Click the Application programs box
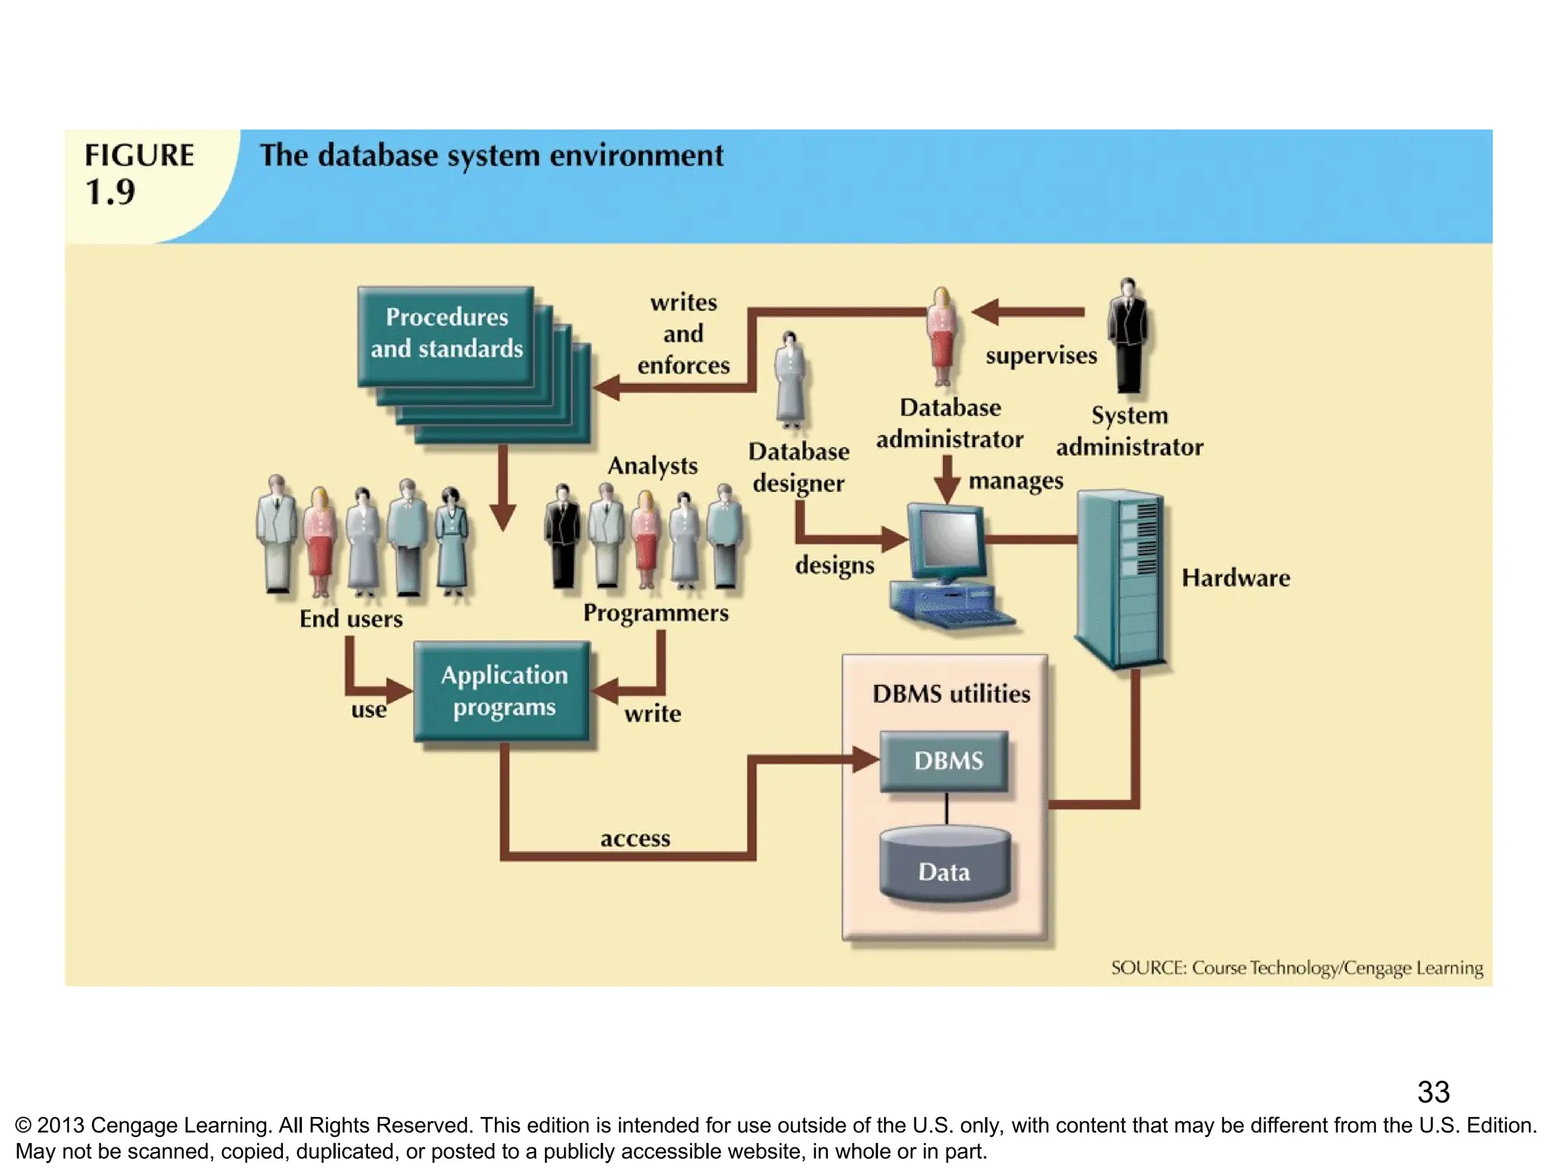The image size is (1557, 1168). (503, 691)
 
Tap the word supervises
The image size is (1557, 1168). (1041, 356)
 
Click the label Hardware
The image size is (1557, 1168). (1235, 578)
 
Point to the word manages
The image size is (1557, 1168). (1016, 481)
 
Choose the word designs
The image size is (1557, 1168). (834, 566)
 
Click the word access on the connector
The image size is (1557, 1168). (635, 839)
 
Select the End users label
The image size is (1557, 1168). (350, 619)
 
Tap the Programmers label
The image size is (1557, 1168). (655, 613)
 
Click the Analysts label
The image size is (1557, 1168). (652, 465)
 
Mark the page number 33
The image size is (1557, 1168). (1433, 1093)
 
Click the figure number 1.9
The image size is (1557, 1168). (110, 192)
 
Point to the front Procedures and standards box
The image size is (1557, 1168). (446, 335)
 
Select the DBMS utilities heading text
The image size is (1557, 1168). (951, 693)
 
